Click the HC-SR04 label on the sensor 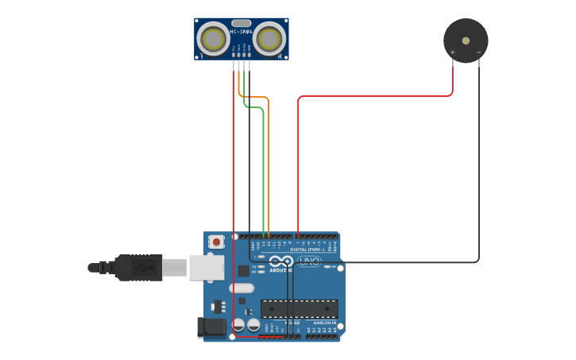(x=241, y=33)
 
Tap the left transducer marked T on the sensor (x=213, y=37)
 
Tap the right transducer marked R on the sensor (x=269, y=37)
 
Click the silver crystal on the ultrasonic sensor (x=241, y=23)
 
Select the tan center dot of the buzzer (x=466, y=40)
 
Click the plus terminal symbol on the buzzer (x=453, y=53)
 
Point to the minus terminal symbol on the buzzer (x=478, y=53)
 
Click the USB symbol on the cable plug (x=144, y=267)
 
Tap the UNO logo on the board (x=308, y=261)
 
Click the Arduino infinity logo (x=280, y=261)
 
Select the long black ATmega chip (x=299, y=309)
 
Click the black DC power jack (x=211, y=326)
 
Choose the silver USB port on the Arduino (x=207, y=267)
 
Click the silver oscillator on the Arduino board (x=242, y=288)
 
